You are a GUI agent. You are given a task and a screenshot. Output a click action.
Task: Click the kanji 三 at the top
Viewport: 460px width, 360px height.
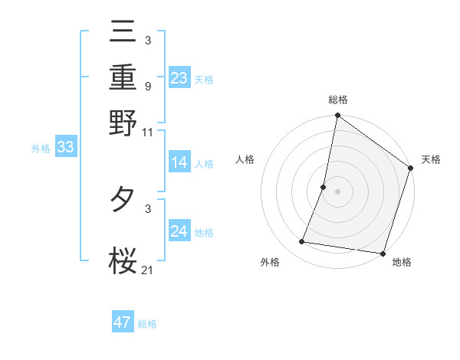123,33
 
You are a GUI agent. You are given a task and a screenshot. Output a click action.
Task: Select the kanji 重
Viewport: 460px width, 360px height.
123,77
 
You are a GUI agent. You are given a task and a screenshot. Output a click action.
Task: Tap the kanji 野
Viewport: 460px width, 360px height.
123,122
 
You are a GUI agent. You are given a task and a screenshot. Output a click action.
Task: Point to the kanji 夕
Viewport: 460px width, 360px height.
123,201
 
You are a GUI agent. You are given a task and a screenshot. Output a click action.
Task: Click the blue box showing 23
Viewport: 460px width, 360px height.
179,77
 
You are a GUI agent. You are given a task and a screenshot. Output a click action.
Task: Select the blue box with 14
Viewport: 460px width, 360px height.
179,162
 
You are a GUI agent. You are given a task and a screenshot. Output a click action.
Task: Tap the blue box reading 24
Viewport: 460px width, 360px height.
179,231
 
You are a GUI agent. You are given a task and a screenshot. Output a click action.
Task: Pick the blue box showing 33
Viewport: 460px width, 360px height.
65,148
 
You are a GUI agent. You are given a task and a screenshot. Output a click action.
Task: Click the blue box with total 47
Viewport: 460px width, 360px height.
123,322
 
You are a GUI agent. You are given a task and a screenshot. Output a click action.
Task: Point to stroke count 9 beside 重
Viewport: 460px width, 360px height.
147,86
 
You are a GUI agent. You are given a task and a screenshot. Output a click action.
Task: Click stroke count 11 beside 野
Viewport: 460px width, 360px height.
148,132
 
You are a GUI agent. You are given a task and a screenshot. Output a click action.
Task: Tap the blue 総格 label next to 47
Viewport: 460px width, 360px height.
147,324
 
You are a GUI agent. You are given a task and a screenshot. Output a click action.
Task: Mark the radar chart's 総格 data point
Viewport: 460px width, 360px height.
337,116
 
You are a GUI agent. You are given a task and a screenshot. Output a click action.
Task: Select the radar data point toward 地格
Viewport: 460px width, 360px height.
382,253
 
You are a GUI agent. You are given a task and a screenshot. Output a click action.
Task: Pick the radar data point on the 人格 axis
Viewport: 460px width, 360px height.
324,187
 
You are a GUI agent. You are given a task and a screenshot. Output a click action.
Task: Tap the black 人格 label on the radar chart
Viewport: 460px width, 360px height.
245,159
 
